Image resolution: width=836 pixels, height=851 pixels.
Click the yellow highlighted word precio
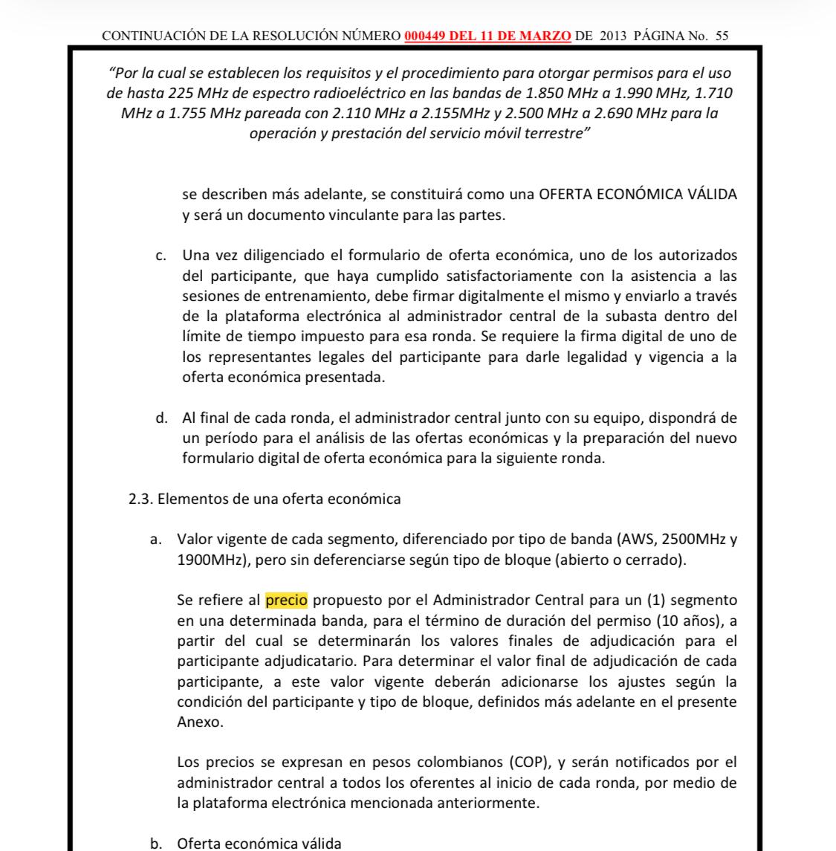(287, 599)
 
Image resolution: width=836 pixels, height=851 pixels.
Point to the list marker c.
(160, 256)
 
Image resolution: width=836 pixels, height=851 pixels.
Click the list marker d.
(161, 418)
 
